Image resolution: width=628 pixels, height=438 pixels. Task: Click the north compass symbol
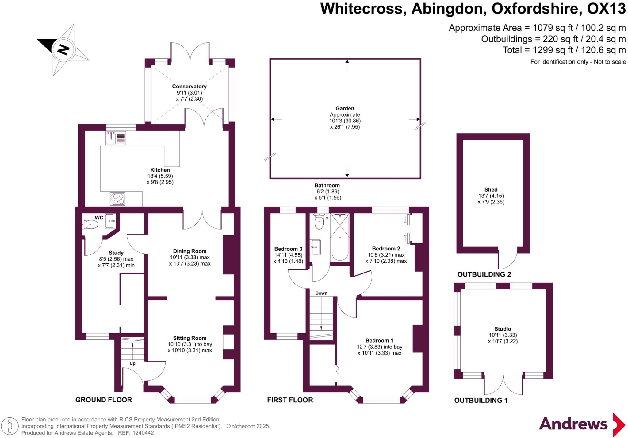tap(63, 50)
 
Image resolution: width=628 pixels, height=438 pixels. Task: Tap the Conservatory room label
tap(189, 87)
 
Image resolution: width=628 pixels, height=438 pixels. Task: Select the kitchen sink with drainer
tap(116, 138)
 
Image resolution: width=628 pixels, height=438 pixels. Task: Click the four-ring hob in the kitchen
tap(117, 199)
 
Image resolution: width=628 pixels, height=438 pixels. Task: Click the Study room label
tap(116, 253)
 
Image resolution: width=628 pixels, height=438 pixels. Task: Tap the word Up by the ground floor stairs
tap(132, 363)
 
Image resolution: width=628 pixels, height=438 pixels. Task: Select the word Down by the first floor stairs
tap(321, 293)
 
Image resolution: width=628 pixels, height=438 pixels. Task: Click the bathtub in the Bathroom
tap(340, 237)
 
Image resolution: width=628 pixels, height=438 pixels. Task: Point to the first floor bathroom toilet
tap(319, 222)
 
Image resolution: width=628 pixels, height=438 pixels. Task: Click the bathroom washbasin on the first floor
tap(315, 247)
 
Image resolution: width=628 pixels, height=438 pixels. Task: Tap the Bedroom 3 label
tap(288, 249)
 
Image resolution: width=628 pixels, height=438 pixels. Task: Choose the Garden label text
tap(345, 108)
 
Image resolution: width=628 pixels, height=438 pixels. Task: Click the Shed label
tap(491, 190)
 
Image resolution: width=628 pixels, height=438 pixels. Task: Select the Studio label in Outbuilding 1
tap(503, 329)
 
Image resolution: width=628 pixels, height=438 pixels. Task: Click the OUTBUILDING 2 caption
tap(484, 274)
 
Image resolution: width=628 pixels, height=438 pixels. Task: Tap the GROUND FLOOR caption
tap(104, 400)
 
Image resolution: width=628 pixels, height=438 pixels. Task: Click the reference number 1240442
tap(143, 433)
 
